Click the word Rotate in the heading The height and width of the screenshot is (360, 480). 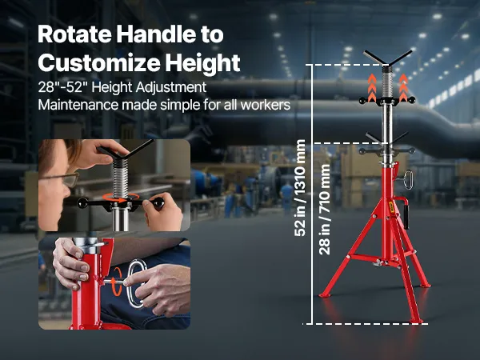click(74, 34)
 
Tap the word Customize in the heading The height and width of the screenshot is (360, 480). click(99, 62)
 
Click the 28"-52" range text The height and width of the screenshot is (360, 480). click(61, 87)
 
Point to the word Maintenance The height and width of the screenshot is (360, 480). click(78, 105)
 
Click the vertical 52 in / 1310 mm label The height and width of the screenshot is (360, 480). click(299, 188)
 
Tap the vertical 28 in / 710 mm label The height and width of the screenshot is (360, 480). click(325, 210)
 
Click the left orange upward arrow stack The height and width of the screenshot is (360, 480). click(372, 87)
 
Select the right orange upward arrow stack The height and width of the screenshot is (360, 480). click(403, 87)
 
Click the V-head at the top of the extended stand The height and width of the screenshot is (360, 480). click(388, 58)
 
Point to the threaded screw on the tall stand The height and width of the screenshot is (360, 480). click(387, 82)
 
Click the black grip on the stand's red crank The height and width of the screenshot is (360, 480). click(406, 217)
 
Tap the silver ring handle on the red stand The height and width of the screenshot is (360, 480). click(408, 180)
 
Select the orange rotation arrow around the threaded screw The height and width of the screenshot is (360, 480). click(120, 198)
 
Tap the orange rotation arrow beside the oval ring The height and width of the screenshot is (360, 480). click(117, 281)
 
